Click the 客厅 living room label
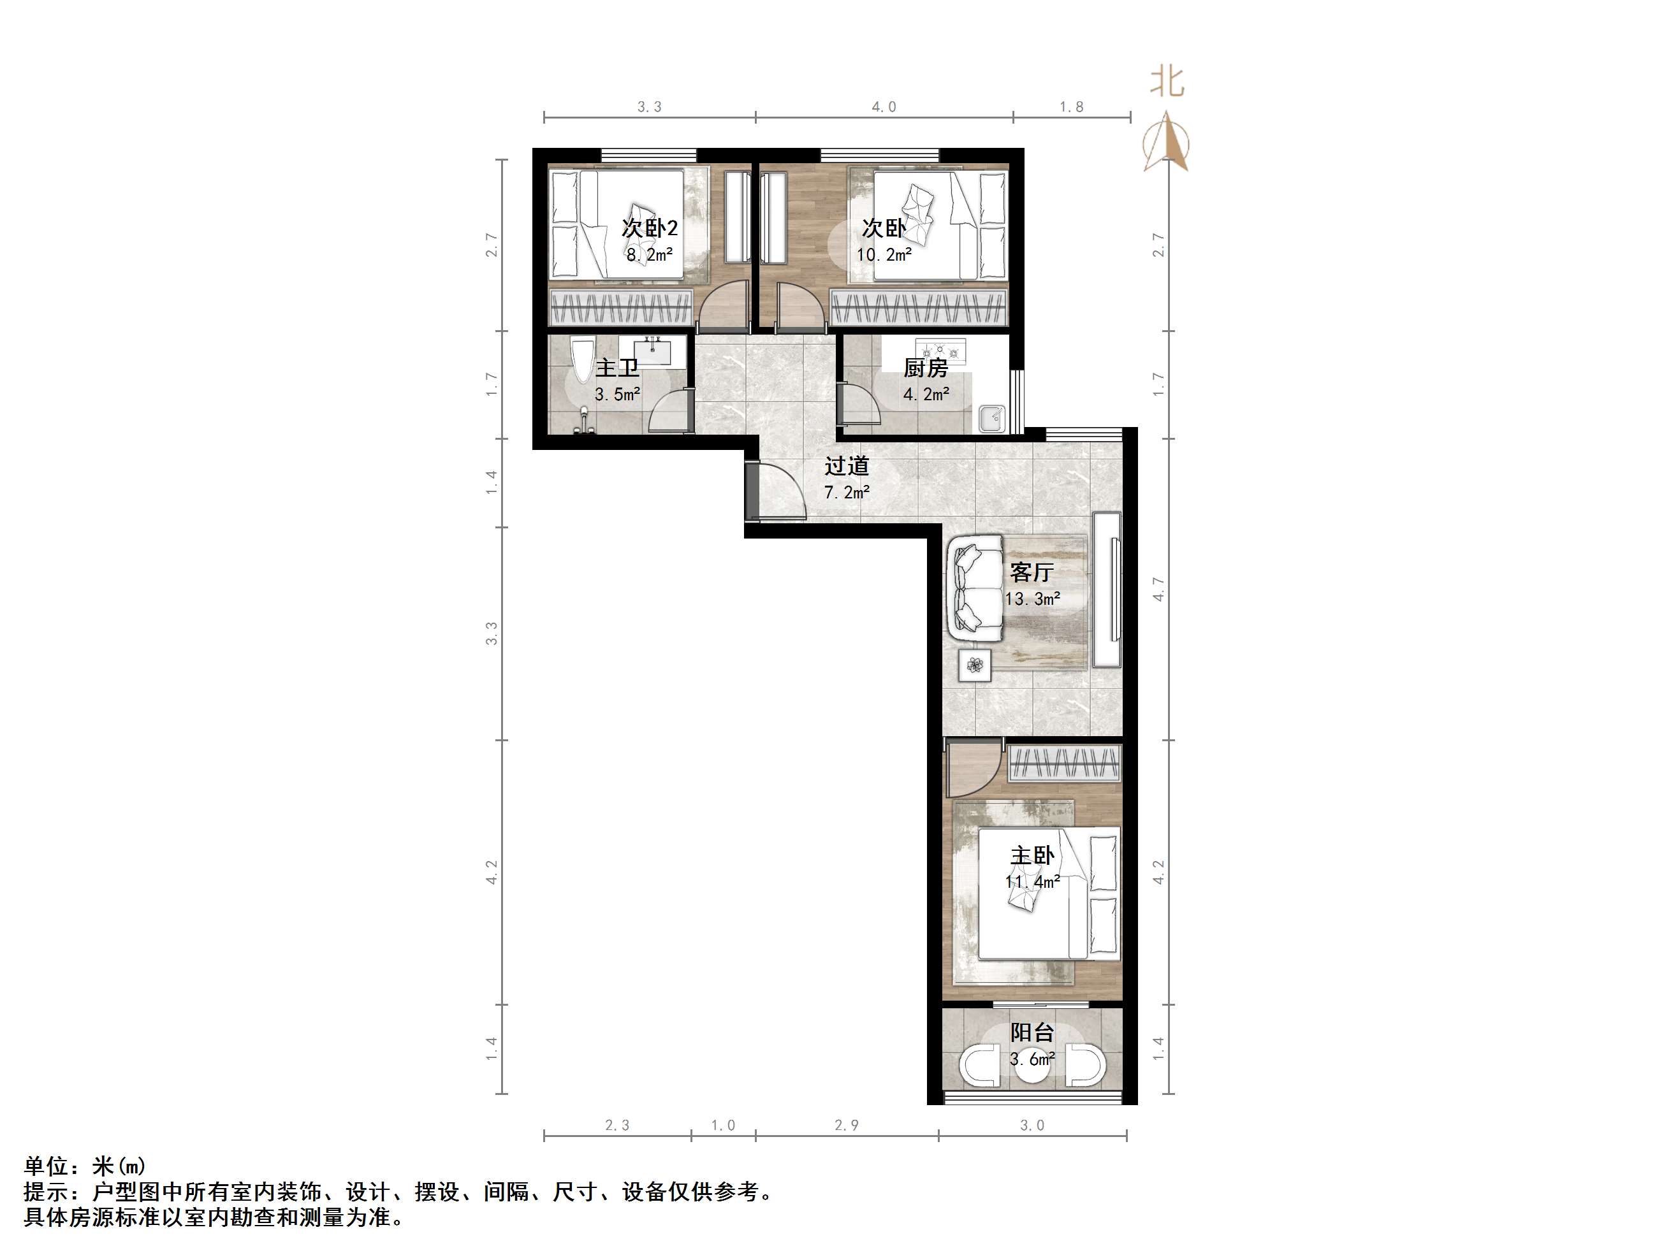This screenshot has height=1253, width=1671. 1031,572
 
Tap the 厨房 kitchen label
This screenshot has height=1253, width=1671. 926,368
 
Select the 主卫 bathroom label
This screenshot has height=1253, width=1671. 617,368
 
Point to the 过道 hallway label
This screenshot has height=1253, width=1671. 846,466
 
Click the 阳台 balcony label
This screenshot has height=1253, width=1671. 1032,1032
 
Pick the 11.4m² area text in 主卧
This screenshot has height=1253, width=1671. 1032,881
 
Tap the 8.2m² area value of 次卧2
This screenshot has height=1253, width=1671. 649,254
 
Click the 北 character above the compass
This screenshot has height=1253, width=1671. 1167,82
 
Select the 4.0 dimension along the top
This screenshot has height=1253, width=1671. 884,107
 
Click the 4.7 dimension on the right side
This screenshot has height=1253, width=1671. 1158,589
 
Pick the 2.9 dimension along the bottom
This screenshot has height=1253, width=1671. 847,1126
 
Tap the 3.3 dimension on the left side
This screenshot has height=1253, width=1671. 492,633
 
